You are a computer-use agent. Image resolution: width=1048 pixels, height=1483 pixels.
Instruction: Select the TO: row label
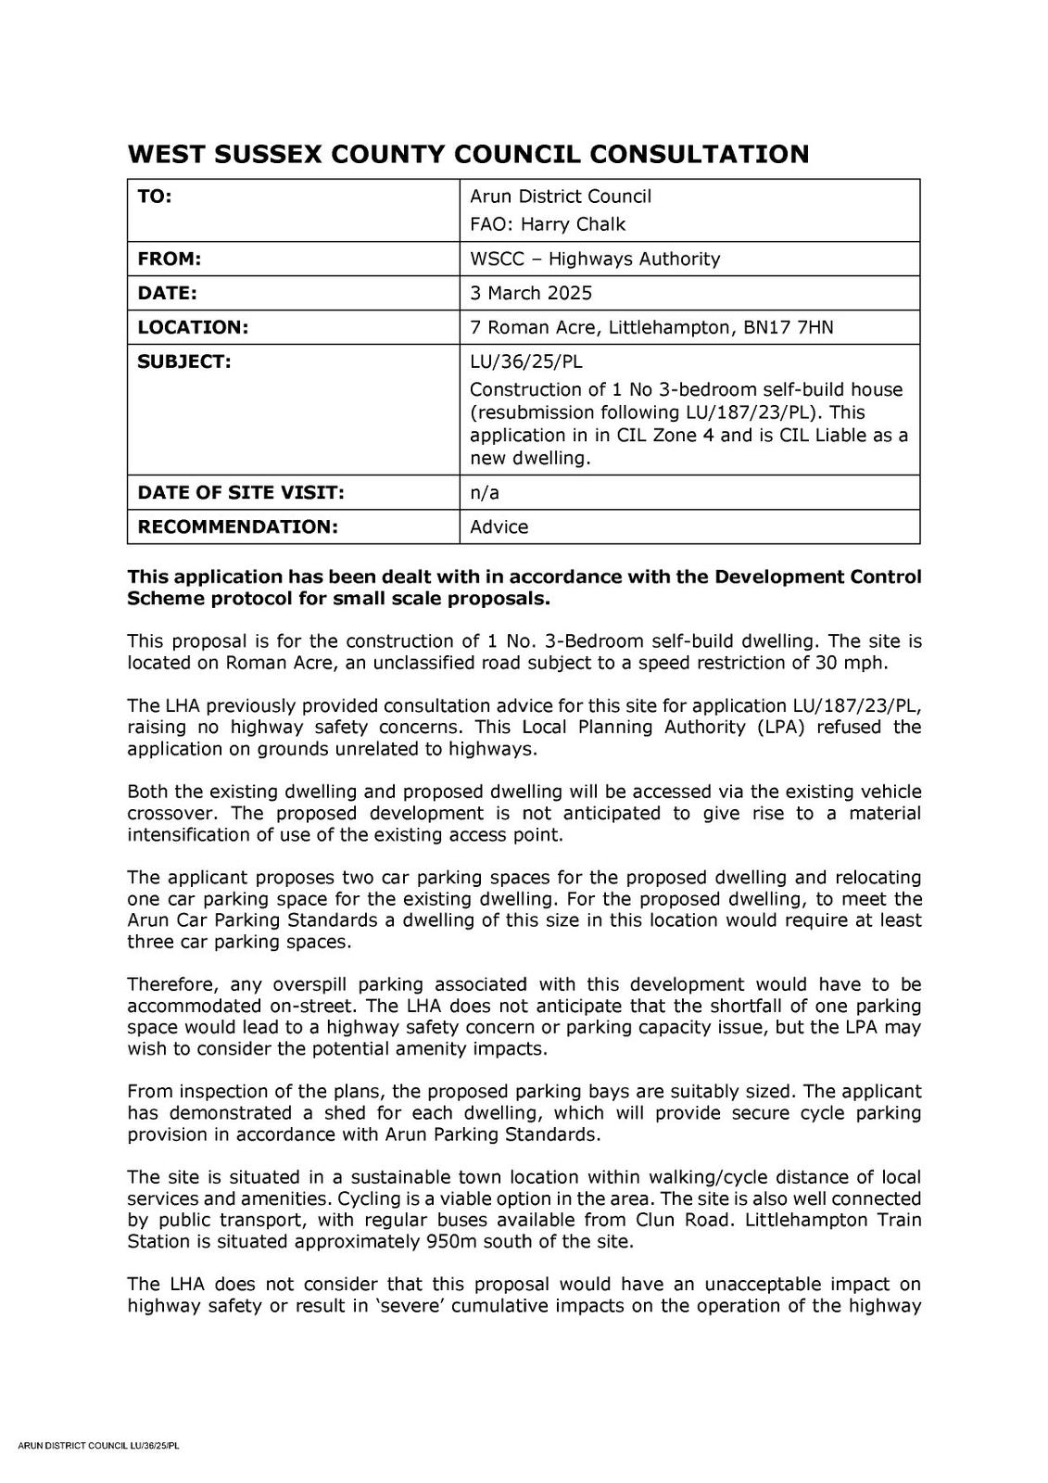[x=155, y=196]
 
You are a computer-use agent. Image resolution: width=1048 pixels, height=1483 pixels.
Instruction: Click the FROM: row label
[x=170, y=259]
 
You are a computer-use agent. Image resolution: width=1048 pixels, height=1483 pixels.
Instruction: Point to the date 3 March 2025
[x=531, y=293]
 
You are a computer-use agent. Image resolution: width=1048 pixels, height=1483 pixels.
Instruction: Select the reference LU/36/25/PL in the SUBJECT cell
[x=526, y=361]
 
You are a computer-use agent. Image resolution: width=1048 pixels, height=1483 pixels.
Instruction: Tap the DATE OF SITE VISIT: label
[x=241, y=492]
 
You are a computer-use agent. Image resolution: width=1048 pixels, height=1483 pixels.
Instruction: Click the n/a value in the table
[x=485, y=492]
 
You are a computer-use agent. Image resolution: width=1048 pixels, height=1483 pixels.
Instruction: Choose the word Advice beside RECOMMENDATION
[x=499, y=526]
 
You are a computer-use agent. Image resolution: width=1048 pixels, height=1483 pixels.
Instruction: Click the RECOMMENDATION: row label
[x=237, y=526]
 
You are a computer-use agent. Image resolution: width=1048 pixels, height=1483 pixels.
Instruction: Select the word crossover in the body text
[x=173, y=813]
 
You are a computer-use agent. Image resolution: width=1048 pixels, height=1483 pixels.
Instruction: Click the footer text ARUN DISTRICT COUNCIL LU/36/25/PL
[x=99, y=1445]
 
